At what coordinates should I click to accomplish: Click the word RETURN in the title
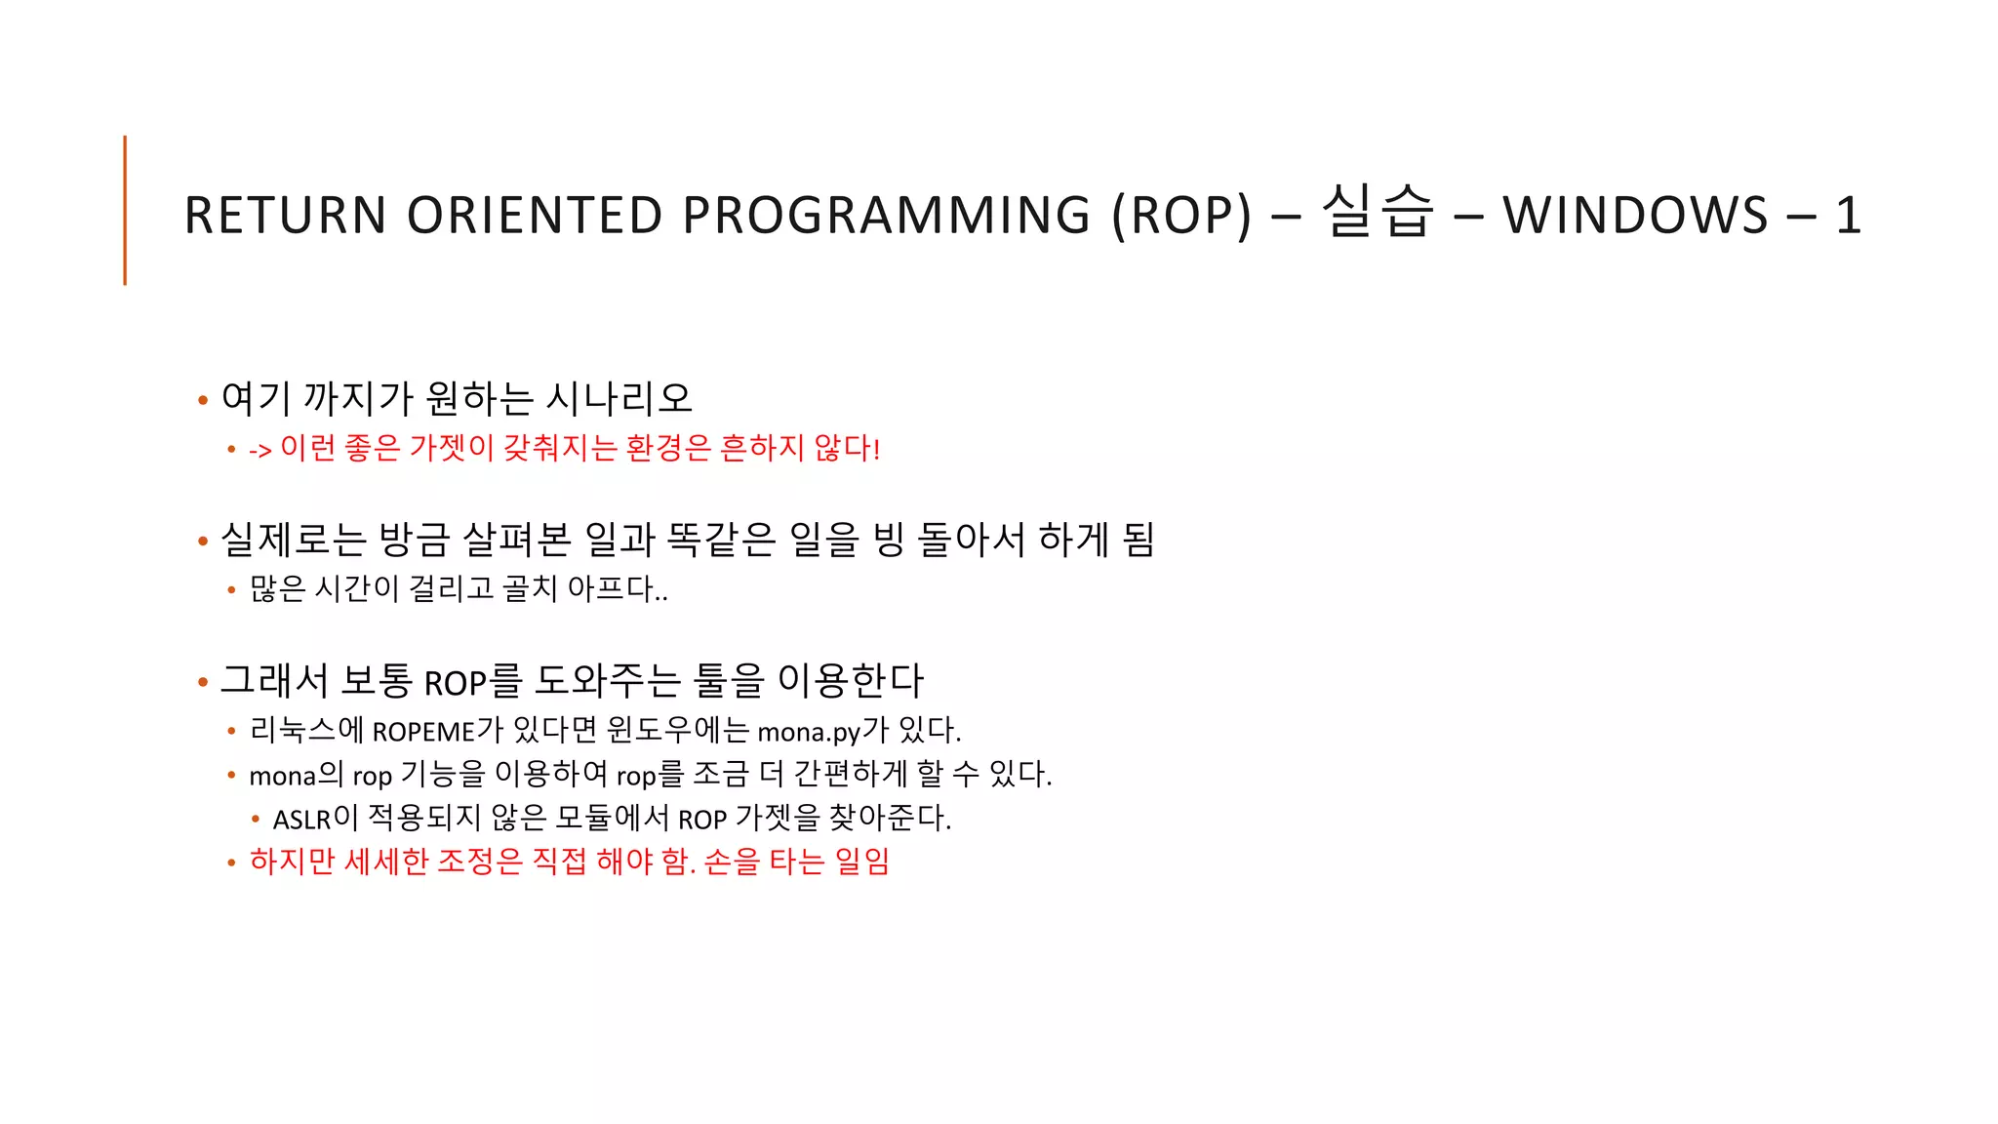click(x=286, y=216)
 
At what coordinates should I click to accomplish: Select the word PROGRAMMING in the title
click(x=886, y=216)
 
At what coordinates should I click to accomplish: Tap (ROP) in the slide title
click(x=1181, y=216)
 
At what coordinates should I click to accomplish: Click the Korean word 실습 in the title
click(x=1378, y=212)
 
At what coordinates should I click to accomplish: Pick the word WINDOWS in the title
click(x=1635, y=216)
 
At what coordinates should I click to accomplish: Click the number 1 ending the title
click(x=1848, y=216)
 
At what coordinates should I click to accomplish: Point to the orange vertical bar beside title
click(x=125, y=210)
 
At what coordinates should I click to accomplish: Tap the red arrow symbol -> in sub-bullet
click(x=260, y=450)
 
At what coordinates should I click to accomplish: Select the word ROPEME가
click(x=438, y=731)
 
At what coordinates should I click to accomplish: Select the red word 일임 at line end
click(x=862, y=862)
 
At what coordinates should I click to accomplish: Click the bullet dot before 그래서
click(x=203, y=682)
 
